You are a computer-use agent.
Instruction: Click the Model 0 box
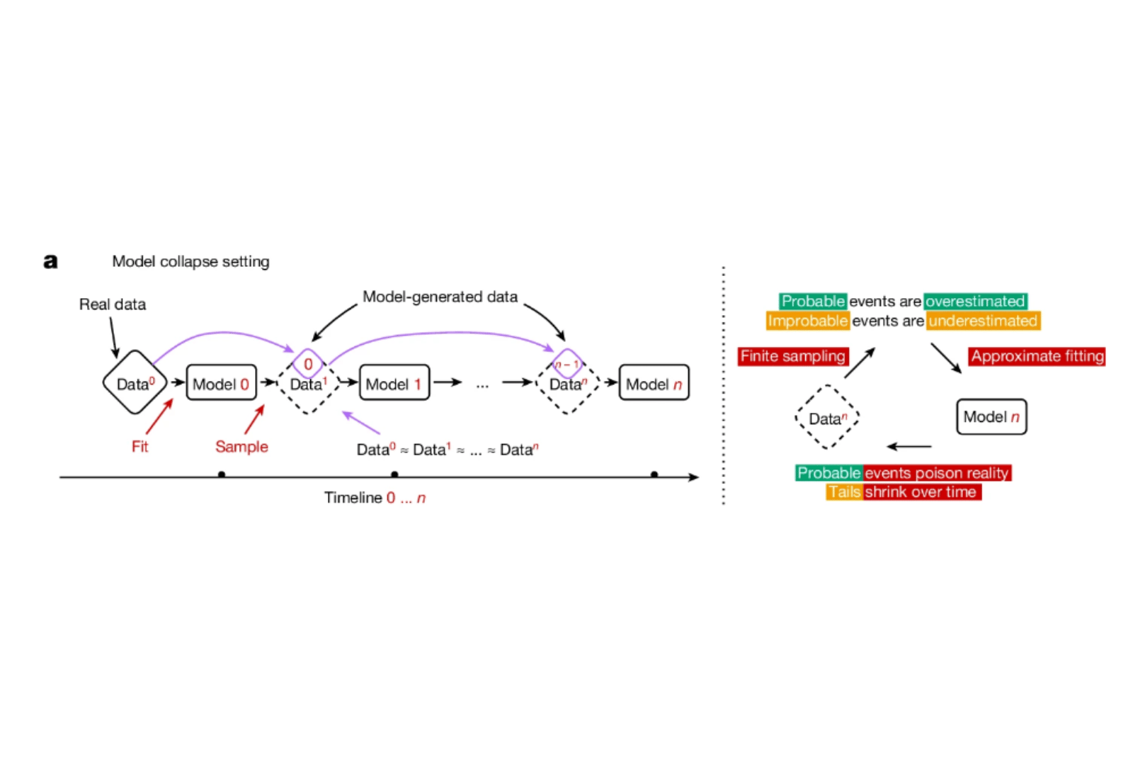tap(221, 383)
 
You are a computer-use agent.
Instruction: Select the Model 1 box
tap(394, 383)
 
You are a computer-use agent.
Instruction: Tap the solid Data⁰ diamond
tap(135, 382)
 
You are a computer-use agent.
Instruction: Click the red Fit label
tap(140, 447)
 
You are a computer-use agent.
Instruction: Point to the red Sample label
tap(241, 447)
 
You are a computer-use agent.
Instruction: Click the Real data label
tap(113, 304)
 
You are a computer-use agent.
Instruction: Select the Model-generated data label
tap(440, 297)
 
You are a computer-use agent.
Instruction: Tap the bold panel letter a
tap(50, 261)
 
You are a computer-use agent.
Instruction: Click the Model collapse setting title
tap(190, 261)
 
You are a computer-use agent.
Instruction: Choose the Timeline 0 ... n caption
tap(375, 498)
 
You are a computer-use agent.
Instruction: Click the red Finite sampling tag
tap(792, 356)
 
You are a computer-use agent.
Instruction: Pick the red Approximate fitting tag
tap(1037, 356)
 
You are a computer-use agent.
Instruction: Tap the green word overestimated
tap(975, 302)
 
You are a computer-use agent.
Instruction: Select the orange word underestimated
tap(983, 321)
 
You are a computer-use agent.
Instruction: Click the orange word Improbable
tap(807, 321)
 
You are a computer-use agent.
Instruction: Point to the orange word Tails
tap(844, 492)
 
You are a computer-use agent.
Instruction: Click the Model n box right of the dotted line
tap(991, 417)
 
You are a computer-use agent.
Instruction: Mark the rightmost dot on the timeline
tap(654, 474)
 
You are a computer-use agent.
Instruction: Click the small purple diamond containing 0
tap(308, 364)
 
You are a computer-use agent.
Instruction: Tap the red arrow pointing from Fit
tap(159, 416)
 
